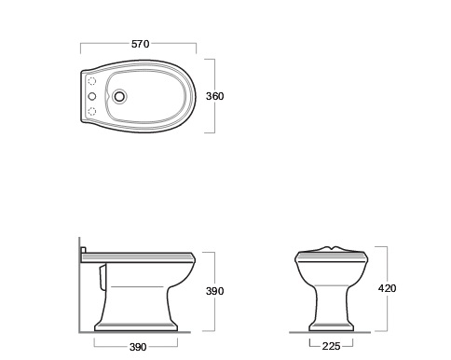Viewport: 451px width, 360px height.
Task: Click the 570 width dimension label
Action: click(x=141, y=44)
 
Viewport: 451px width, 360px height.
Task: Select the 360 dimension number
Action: click(x=214, y=96)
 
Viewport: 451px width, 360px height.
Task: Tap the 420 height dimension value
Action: click(x=387, y=288)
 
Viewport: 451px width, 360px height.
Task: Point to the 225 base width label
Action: click(x=331, y=346)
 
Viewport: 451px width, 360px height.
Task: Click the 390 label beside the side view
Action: click(x=214, y=291)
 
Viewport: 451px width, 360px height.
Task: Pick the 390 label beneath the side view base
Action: click(x=138, y=347)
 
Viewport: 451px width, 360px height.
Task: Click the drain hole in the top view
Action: click(x=119, y=96)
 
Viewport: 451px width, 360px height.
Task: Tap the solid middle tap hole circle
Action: click(x=92, y=96)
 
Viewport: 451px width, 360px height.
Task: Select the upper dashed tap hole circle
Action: click(x=92, y=81)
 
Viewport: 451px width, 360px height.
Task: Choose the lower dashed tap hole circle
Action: click(x=92, y=111)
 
